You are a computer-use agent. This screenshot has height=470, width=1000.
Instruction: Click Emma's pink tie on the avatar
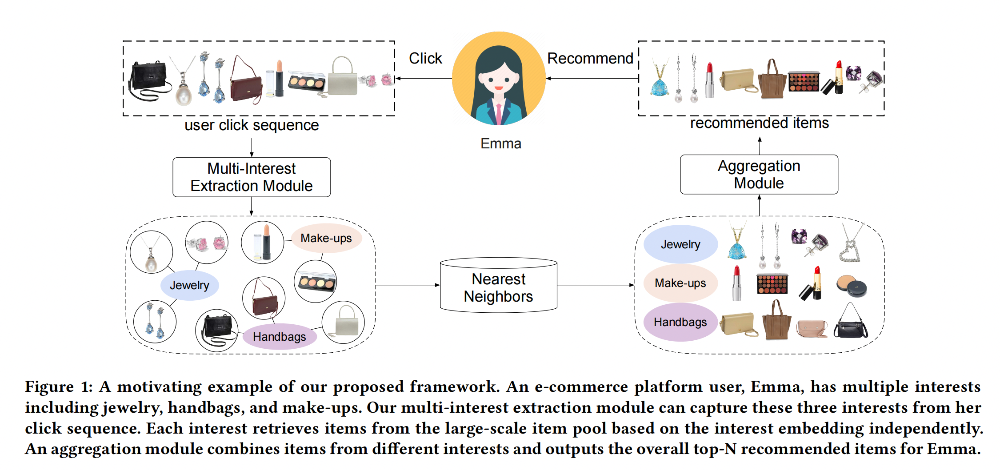(x=499, y=114)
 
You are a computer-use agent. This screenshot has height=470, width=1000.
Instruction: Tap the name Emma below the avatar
(x=500, y=143)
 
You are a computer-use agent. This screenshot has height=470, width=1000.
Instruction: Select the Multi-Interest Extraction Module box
(x=252, y=177)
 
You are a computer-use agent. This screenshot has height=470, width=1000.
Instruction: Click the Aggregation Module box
(x=759, y=175)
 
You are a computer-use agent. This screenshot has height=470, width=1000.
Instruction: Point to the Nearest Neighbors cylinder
(x=498, y=287)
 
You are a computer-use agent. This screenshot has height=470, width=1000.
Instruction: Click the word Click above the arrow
(x=425, y=58)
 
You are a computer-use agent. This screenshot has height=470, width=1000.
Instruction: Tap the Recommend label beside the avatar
(x=590, y=58)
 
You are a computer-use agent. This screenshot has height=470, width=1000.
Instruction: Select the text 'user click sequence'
(x=252, y=125)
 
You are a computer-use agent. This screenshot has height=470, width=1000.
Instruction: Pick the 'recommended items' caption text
(x=759, y=123)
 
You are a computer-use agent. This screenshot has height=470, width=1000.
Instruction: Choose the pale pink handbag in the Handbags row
(x=812, y=328)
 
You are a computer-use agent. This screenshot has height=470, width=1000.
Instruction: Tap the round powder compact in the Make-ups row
(x=851, y=286)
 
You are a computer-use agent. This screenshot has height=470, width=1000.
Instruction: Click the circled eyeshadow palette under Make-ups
(x=316, y=282)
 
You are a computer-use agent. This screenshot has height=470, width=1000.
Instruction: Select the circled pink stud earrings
(x=207, y=243)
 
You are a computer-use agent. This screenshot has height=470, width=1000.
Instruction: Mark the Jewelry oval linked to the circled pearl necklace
(x=189, y=285)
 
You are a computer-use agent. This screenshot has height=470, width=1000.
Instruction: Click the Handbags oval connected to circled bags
(x=280, y=336)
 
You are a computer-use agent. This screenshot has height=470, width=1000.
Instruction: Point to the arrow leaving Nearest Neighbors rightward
(x=596, y=285)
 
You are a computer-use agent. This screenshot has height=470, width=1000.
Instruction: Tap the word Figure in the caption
(x=49, y=386)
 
